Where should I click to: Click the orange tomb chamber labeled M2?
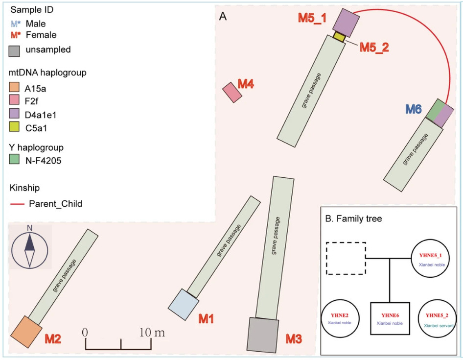pos(26,332)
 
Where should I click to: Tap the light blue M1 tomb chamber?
pos(184,305)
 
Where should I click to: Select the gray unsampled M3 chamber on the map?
pos(263,335)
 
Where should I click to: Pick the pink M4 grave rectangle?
pos(232,92)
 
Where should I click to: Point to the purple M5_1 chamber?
pos(346,23)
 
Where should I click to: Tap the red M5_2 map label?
pos(374,48)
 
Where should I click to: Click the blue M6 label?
pos(414,109)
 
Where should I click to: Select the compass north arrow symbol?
pos(29,251)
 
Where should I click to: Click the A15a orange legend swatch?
pos(14,88)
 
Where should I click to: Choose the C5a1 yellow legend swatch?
pos(14,127)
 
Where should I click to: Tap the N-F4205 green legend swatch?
pos(14,159)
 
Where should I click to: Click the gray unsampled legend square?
pos(14,51)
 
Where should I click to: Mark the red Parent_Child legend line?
pos(17,204)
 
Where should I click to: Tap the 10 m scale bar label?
pos(152,333)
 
